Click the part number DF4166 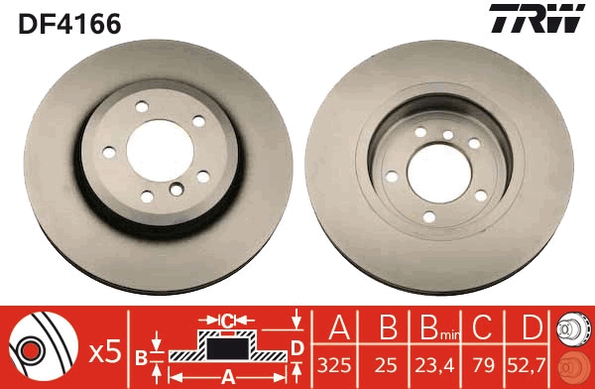[69, 23]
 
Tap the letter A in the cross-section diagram [227, 375]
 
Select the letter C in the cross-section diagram [227, 321]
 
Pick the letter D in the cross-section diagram [296, 347]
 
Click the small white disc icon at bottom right [575, 330]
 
